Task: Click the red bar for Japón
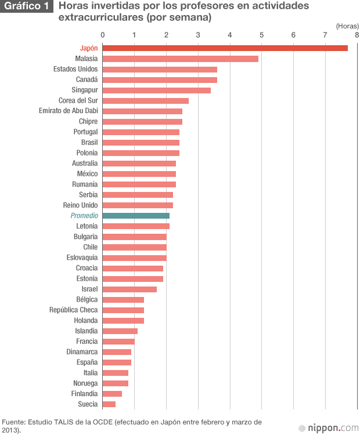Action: [x=225, y=48]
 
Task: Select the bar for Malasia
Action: [x=181, y=59]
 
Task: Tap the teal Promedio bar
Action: [x=136, y=216]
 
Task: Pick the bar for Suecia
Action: [x=109, y=404]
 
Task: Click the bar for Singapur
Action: [x=157, y=90]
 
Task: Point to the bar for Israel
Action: [x=129, y=289]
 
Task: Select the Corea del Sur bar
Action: [x=146, y=100]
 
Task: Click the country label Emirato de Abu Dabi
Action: [x=68, y=111]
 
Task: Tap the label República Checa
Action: [x=73, y=310]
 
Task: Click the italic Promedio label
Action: [x=84, y=216]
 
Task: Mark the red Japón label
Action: [x=89, y=48]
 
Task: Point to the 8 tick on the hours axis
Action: [x=357, y=35]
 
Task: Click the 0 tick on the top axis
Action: [x=103, y=35]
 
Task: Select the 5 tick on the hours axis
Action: [x=262, y=35]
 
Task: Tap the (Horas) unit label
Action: [x=347, y=26]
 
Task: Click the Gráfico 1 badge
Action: [x=27, y=7]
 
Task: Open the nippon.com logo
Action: [x=328, y=428]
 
